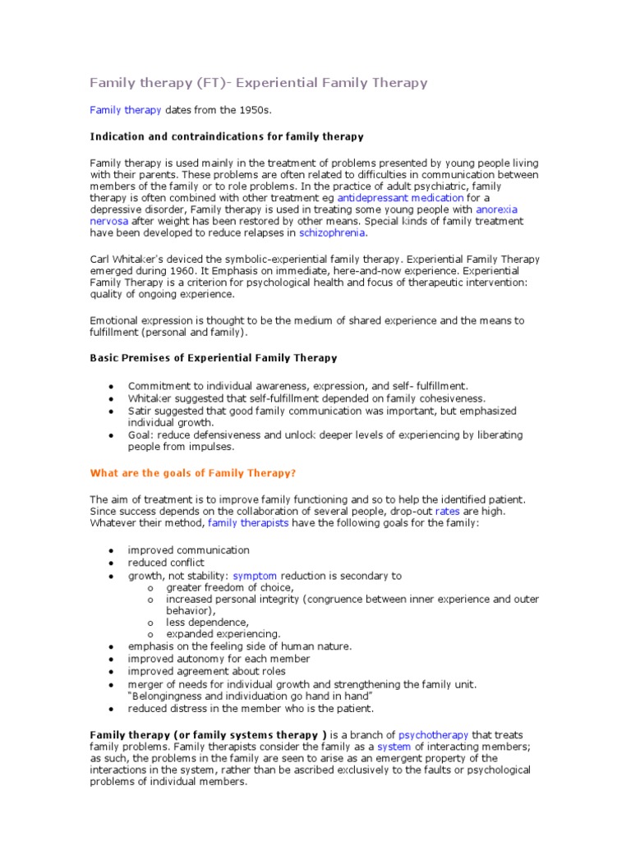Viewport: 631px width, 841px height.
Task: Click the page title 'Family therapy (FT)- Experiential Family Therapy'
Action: tap(258, 83)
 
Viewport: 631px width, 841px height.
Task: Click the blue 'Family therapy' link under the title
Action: tap(125, 109)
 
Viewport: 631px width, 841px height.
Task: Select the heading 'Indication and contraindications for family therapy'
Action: tap(226, 136)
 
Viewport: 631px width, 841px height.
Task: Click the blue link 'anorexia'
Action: tap(496, 209)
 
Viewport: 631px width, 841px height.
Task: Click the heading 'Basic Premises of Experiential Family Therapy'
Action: tap(213, 358)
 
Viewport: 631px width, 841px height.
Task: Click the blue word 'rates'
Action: tap(447, 510)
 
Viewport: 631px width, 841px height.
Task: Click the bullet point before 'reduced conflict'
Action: tap(110, 563)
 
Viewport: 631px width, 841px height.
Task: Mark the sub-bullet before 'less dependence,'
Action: tap(150, 623)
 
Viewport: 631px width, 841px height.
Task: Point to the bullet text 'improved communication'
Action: tap(188, 549)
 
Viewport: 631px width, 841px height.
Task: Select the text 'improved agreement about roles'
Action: tap(207, 671)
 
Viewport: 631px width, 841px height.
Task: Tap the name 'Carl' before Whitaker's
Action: tap(99, 259)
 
